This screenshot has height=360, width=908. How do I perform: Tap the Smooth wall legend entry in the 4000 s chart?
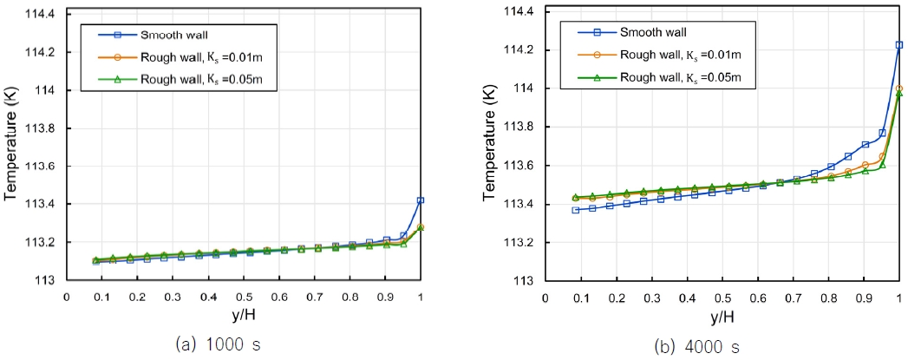click(652, 33)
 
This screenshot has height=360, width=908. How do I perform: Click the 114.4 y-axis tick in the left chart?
click(40, 15)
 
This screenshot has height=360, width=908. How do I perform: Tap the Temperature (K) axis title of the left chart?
click(12, 148)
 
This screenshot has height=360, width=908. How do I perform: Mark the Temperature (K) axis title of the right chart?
click(490, 148)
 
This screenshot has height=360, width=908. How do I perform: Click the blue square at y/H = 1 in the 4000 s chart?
click(898, 44)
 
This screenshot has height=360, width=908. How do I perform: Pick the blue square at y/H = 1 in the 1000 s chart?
click(421, 200)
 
